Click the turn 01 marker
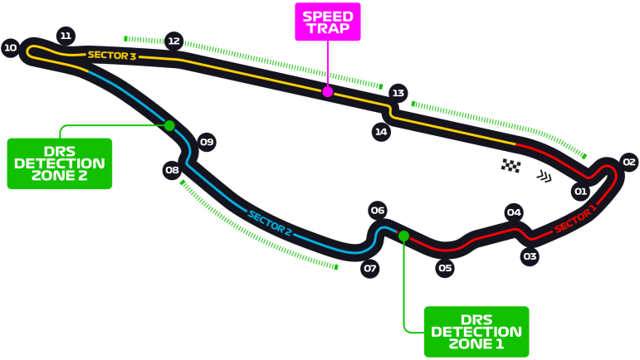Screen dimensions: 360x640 [580, 192]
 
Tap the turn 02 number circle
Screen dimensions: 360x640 [628, 163]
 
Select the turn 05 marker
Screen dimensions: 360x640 [445, 268]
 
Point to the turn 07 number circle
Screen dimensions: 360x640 [370, 268]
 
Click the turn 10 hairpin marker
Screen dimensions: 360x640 [10, 48]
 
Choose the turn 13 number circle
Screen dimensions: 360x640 [398, 93]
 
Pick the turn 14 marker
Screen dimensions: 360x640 [381, 131]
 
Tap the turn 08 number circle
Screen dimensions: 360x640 [172, 171]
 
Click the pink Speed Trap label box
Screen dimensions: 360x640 [328, 22]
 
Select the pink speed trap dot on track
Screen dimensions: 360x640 [328, 92]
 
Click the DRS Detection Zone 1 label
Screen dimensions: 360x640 [476, 332]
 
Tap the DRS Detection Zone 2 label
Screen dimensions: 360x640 [60, 163]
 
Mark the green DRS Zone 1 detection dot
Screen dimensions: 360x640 [403, 236]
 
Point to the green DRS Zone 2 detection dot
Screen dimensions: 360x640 [169, 126]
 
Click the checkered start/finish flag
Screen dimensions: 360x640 [511, 166]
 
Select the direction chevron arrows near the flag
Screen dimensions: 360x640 [544, 176]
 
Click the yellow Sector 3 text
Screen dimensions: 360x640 [111, 56]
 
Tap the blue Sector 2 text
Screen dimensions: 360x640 [270, 223]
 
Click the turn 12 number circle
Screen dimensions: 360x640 [173, 41]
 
